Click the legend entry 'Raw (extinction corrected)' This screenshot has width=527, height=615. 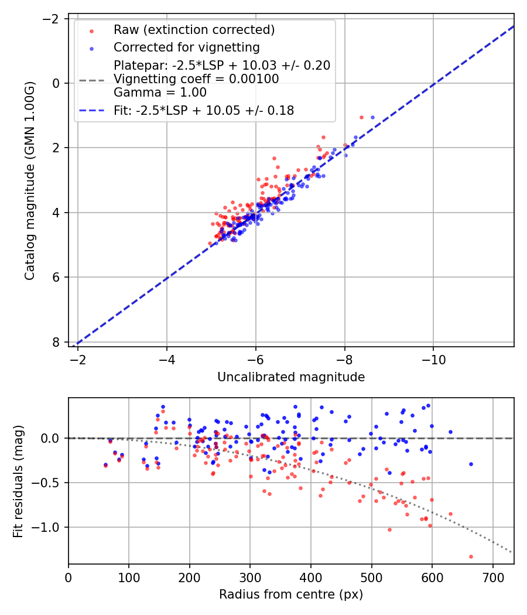tap(194, 30)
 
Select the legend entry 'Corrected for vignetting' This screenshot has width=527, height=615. tap(186, 47)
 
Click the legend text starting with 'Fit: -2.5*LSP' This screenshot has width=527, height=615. tap(203, 110)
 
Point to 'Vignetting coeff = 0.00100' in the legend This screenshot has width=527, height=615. tap(196, 79)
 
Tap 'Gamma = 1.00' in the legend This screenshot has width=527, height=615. tap(160, 93)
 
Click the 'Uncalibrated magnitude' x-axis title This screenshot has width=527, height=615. tap(291, 377)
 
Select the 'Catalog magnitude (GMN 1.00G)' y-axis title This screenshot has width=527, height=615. tap(30, 181)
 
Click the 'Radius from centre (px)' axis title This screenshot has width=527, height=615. tap(291, 594)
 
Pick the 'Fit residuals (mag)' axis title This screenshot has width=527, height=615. tap(18, 481)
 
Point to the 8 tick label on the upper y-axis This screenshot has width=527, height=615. tap(57, 342)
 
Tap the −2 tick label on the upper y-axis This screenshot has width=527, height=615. tap(53, 19)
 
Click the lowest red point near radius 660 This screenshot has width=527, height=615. tap(471, 556)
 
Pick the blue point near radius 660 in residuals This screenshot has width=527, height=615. tap(471, 464)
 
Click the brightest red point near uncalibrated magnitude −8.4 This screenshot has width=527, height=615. tap(361, 117)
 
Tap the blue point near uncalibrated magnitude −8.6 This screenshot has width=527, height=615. tap(372, 117)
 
